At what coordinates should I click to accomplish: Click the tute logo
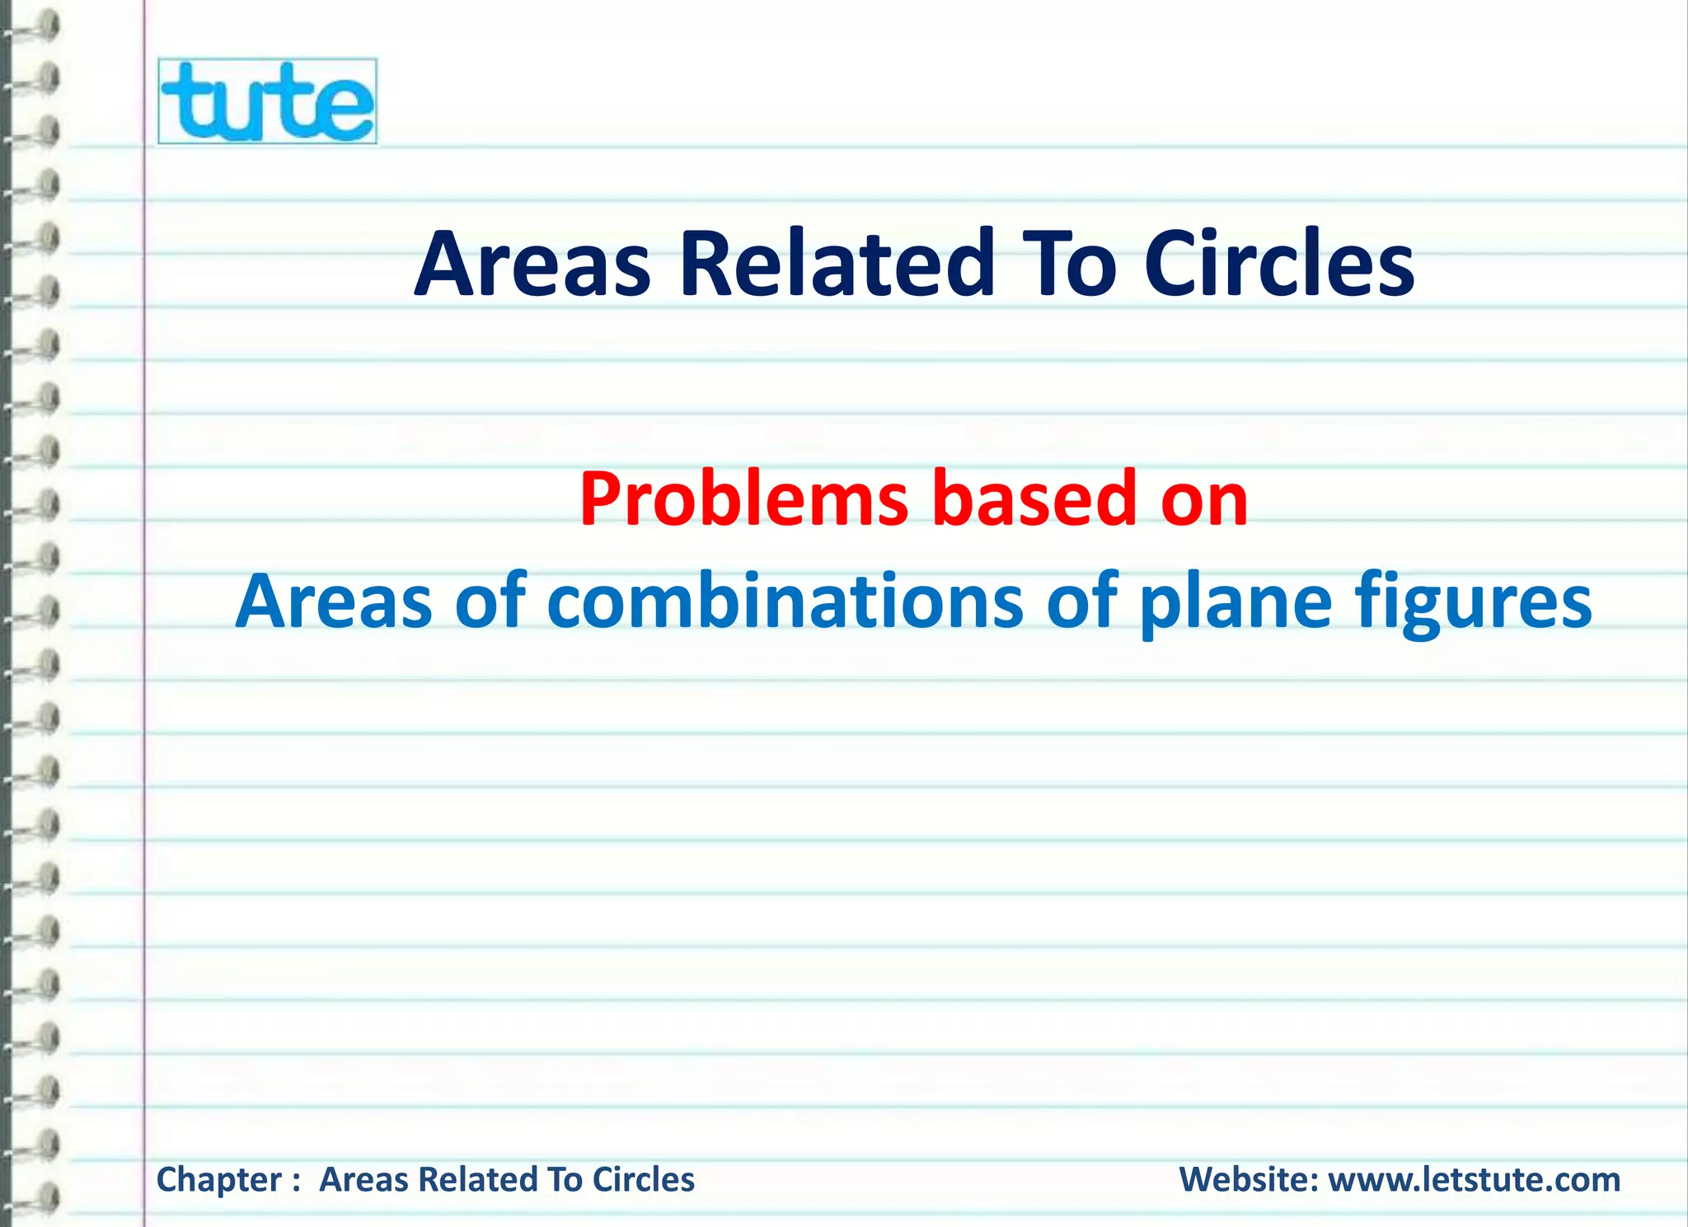coord(267,101)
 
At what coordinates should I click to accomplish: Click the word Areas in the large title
coord(532,265)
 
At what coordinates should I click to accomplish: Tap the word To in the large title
coord(1069,265)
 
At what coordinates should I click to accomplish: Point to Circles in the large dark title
coord(1278,265)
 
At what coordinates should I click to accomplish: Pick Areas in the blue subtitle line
coord(334,602)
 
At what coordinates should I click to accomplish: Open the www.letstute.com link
coord(1475,1180)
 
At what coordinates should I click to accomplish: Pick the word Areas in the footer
coord(364,1180)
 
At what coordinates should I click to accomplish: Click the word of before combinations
coord(490,602)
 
